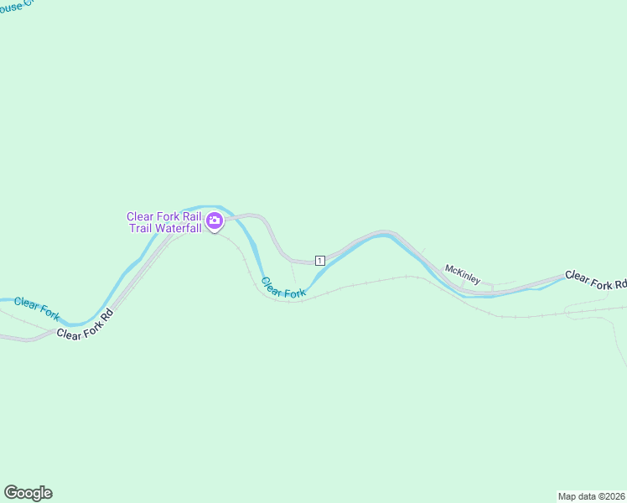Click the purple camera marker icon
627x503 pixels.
pyautogui.click(x=215, y=221)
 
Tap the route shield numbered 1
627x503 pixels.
pyautogui.click(x=319, y=261)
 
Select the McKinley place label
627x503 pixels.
pyautogui.click(x=463, y=274)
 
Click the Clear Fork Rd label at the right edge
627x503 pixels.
pyautogui.click(x=595, y=279)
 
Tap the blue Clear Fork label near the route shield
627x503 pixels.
pyautogui.click(x=283, y=288)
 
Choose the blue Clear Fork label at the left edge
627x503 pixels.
pyautogui.click(x=37, y=308)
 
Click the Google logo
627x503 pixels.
pyautogui.click(x=28, y=493)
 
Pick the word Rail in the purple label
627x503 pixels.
pyautogui.click(x=189, y=217)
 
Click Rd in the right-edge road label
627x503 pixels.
pyautogui.click(x=620, y=284)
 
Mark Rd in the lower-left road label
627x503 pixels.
pyautogui.click(x=106, y=317)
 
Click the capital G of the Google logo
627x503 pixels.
pyautogui.click(x=11, y=492)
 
